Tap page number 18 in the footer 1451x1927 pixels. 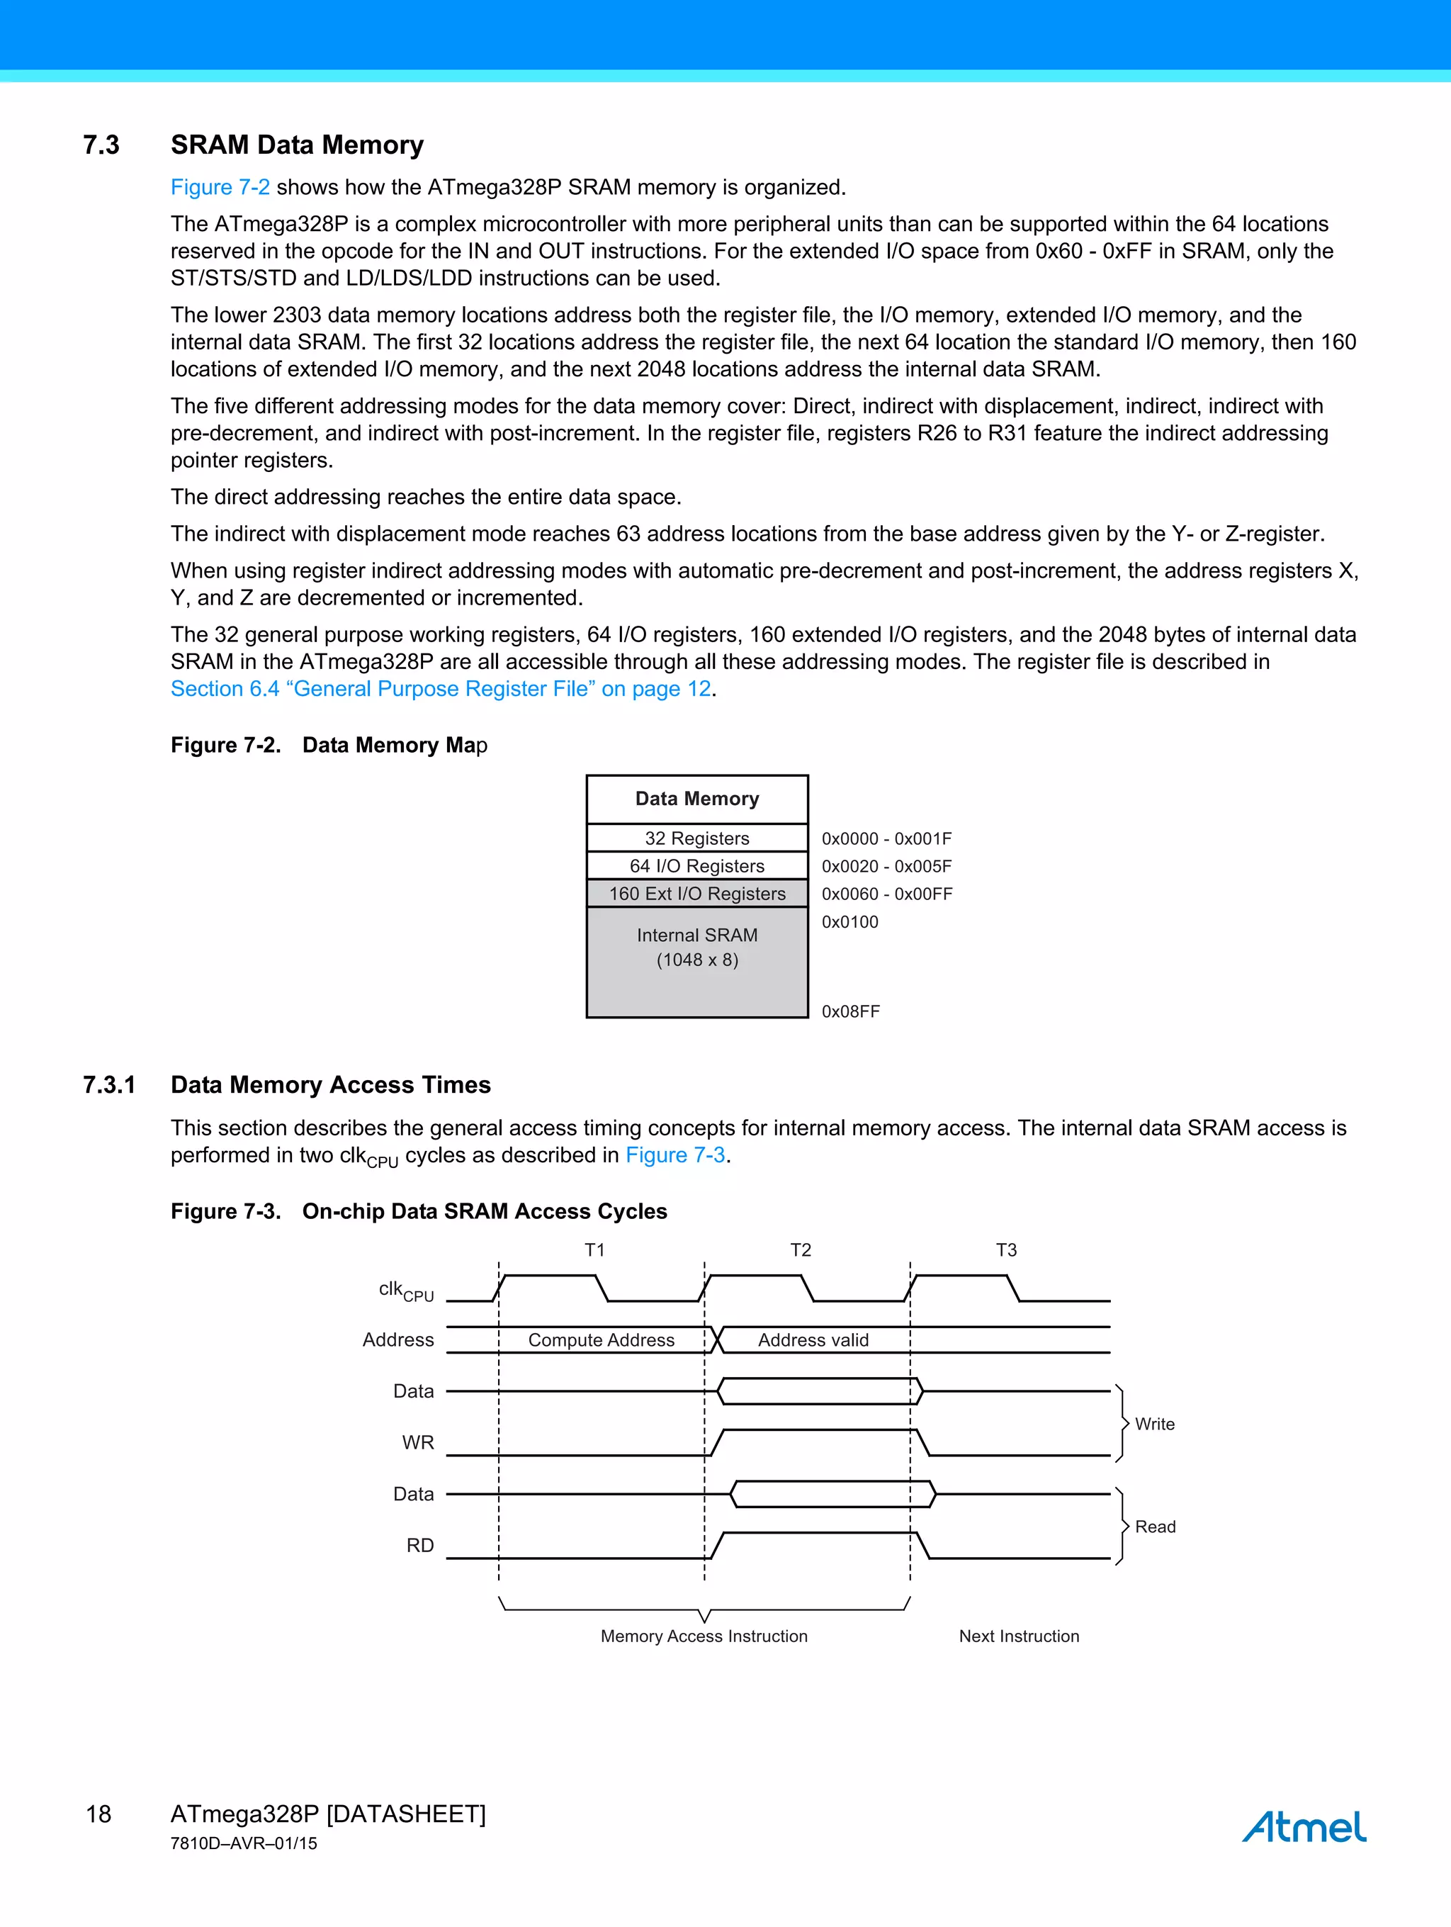[98, 1814]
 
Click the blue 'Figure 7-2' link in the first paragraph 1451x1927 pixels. [220, 187]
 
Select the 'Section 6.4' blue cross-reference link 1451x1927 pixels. [440, 688]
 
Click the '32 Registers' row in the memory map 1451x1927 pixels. [696, 838]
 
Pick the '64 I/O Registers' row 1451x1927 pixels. [696, 866]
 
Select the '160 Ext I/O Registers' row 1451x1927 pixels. [696, 894]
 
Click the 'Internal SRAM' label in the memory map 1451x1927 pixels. [696, 935]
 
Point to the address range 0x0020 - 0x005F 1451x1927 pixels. [886, 866]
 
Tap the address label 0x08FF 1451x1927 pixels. [850, 1011]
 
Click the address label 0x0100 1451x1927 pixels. [849, 921]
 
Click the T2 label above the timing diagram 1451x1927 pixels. [801, 1250]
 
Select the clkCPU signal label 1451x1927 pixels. [405, 1290]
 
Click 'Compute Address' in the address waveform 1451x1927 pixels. [601, 1340]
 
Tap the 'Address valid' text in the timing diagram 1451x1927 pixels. [813, 1340]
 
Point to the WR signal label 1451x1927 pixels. [417, 1443]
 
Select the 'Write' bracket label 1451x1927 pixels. [1154, 1425]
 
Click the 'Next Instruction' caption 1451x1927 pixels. [1018, 1636]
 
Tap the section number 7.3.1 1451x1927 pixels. [109, 1084]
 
